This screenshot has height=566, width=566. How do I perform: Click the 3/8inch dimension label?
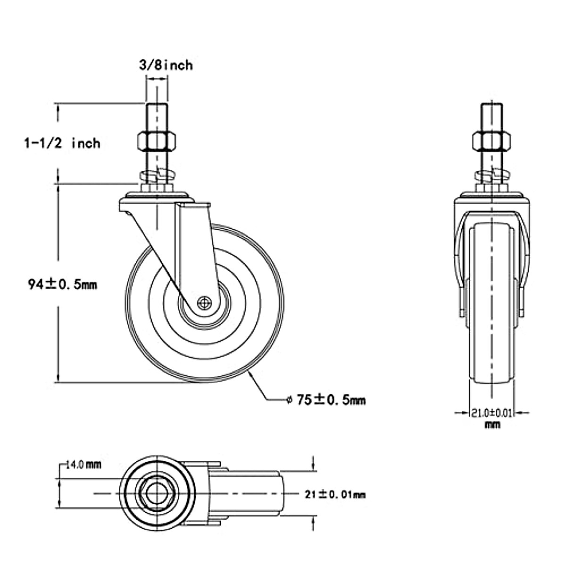click(x=165, y=65)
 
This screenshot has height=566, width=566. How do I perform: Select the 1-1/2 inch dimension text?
click(x=62, y=142)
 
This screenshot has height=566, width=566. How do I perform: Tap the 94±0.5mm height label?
click(x=62, y=284)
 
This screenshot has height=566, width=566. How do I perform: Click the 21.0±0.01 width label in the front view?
click(x=492, y=414)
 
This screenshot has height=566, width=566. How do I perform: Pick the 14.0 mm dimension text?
click(x=83, y=465)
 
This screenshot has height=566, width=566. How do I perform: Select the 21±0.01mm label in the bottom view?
click(x=335, y=494)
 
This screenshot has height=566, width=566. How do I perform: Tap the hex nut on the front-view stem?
click(x=492, y=140)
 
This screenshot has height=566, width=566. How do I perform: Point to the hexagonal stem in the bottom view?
click(x=154, y=493)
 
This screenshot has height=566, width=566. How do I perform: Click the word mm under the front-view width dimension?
click(x=492, y=424)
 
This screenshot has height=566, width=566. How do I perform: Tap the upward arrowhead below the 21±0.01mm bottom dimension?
click(x=313, y=520)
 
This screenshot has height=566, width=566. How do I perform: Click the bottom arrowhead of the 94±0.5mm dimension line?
click(x=58, y=377)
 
